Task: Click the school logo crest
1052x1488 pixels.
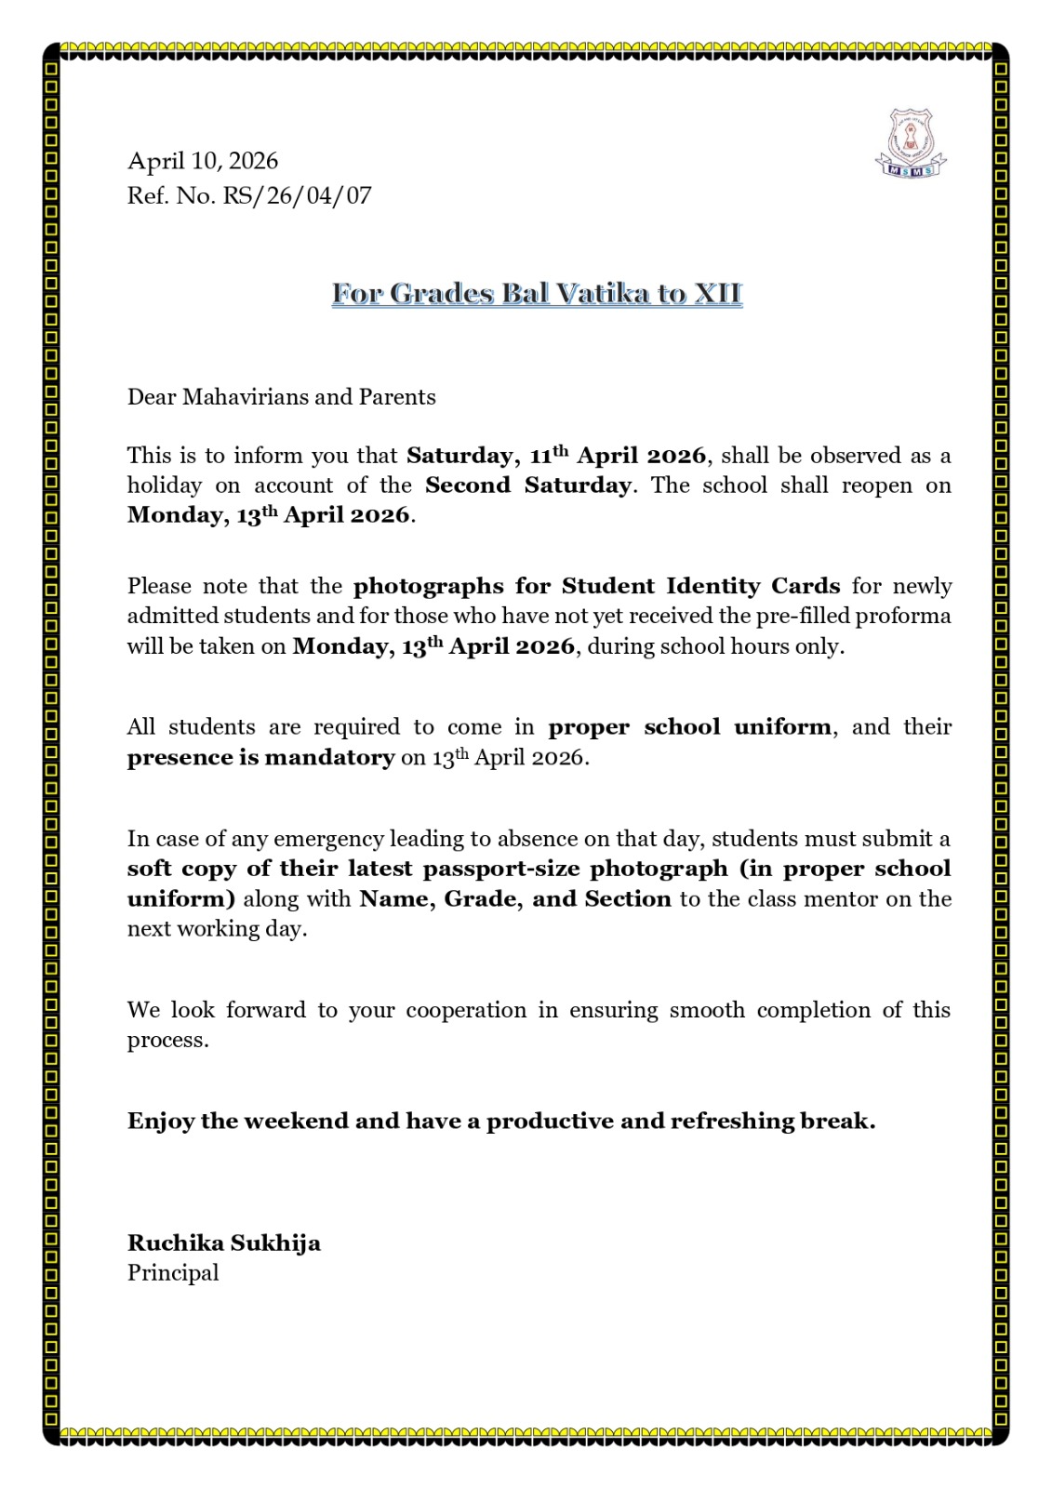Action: tap(910, 143)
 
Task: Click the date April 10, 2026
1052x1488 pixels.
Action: tap(203, 161)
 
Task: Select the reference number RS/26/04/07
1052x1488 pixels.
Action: tap(297, 195)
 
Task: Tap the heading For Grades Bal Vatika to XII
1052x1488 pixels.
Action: tap(537, 294)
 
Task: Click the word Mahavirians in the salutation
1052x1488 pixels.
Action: tap(246, 397)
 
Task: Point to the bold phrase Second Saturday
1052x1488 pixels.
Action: tap(527, 485)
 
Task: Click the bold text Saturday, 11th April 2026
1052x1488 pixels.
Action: tap(556, 456)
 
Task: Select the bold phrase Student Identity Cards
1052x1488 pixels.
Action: tap(700, 586)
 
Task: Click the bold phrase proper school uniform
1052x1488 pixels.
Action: tap(689, 726)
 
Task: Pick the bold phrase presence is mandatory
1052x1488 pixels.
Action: tap(260, 757)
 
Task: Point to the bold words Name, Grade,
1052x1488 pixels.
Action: tap(441, 898)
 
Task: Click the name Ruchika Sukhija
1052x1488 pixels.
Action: tap(224, 1242)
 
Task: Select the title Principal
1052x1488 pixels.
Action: tap(173, 1272)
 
